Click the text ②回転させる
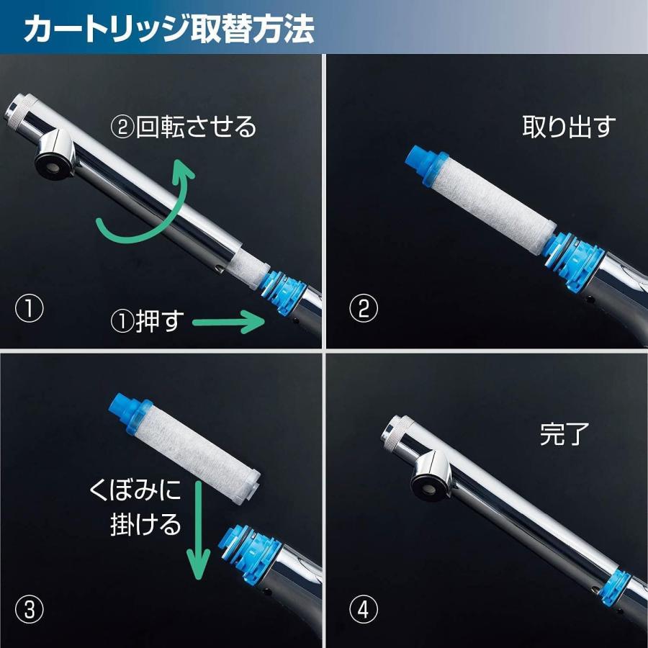(183, 127)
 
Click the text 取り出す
(569, 127)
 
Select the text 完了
(565, 434)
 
